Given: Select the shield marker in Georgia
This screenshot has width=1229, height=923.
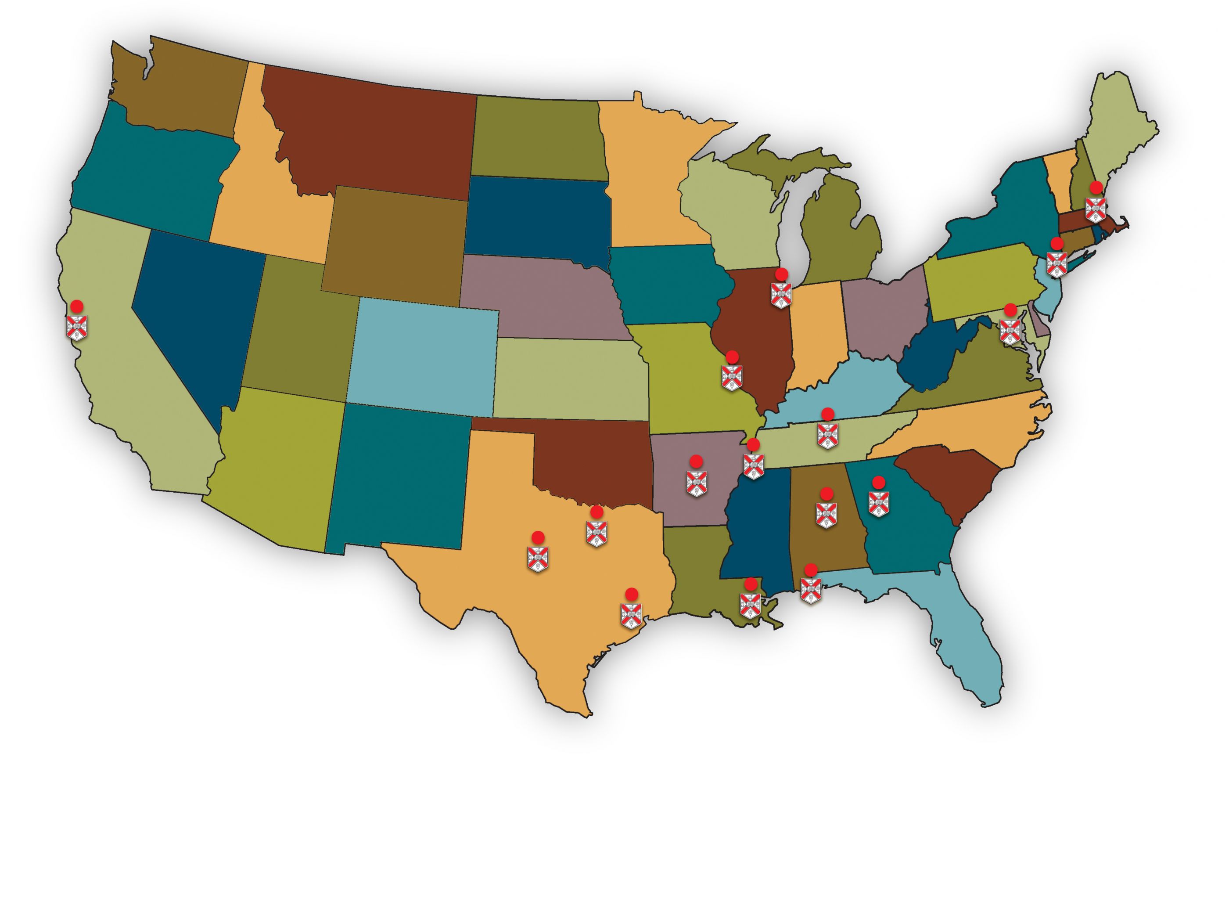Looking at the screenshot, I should pyautogui.click(x=878, y=504).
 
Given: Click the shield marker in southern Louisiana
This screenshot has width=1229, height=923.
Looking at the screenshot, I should pyautogui.click(x=750, y=605).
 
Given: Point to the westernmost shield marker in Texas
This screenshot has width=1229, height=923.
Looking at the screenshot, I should pyautogui.click(x=538, y=558).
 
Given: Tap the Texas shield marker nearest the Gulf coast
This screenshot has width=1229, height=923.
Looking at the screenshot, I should pyautogui.click(x=631, y=615).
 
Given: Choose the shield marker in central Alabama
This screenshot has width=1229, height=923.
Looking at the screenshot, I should pyautogui.click(x=826, y=514).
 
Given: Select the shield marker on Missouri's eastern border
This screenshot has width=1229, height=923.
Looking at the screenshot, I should pyautogui.click(x=732, y=377).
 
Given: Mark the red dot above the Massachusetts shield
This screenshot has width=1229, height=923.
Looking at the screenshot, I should pyautogui.click(x=1096, y=187).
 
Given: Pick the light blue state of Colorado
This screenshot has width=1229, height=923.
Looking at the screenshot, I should pyautogui.click(x=425, y=356).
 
